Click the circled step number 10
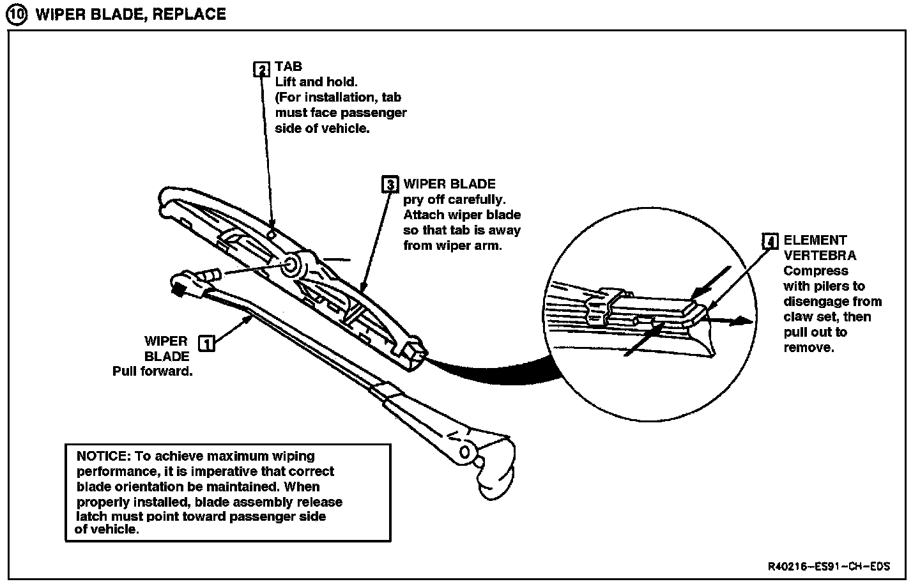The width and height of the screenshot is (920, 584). pos(17,15)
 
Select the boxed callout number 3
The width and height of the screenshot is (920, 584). pos(390,185)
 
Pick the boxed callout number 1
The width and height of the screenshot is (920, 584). pos(206,343)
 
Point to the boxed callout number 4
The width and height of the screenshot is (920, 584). pos(770,242)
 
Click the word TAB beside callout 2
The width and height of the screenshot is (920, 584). pos(288,66)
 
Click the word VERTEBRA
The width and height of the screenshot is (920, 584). pos(820,256)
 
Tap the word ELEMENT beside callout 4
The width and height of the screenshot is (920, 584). pos(815,240)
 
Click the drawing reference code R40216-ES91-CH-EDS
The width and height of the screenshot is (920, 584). pos(829,567)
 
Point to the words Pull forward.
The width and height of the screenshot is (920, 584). pos(153,371)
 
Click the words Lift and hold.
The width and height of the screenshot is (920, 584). pos(316,82)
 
